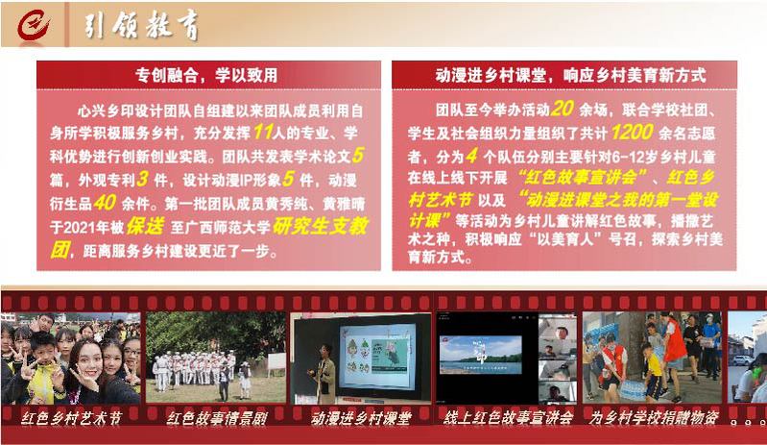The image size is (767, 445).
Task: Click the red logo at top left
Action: pyautogui.click(x=33, y=25)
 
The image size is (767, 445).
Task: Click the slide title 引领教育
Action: pyautogui.click(x=142, y=25)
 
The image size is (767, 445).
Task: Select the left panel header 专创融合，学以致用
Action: pyautogui.click(x=206, y=75)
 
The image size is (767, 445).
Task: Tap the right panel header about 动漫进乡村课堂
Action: pyautogui.click(x=570, y=75)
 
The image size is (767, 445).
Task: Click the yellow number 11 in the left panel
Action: pyautogui.click(x=263, y=132)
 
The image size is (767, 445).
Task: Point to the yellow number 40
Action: pyautogui.click(x=105, y=202)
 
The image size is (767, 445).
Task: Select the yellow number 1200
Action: pyautogui.click(x=632, y=132)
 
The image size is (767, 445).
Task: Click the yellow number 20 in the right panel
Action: pyautogui.click(x=562, y=109)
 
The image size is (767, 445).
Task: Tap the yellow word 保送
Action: pyautogui.click(x=145, y=226)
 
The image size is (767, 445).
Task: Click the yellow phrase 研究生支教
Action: pyautogui.click(x=320, y=226)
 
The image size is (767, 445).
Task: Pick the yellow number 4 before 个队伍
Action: pyautogui.click(x=471, y=156)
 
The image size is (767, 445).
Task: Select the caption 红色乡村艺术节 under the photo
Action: pyautogui.click(x=71, y=418)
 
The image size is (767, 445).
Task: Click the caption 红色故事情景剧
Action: pyautogui.click(x=217, y=418)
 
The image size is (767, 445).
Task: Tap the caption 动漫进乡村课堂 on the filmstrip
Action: pyautogui.click(x=361, y=418)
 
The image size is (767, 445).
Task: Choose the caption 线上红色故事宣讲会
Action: pyautogui.click(x=508, y=417)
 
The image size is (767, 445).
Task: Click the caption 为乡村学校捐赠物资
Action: pyautogui.click(x=654, y=417)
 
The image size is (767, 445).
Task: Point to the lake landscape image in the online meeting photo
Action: pyautogui.click(x=480, y=355)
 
